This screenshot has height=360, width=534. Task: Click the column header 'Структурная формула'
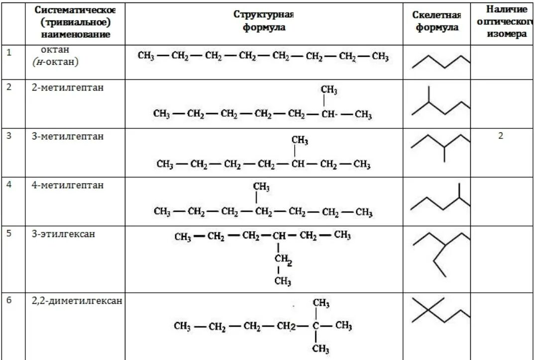(x=264, y=21)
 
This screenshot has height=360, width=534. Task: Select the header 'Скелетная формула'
(x=436, y=21)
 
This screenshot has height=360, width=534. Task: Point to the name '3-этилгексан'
(x=63, y=234)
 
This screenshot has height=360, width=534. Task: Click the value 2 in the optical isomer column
(x=501, y=135)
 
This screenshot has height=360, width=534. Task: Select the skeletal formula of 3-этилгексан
(x=441, y=254)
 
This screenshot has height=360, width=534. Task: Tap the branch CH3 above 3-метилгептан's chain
(x=300, y=141)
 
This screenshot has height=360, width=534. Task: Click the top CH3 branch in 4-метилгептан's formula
(x=261, y=187)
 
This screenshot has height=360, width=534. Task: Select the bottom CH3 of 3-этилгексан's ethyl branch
(x=283, y=281)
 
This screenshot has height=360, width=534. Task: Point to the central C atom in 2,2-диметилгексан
(x=315, y=326)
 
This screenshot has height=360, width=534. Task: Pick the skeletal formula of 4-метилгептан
(x=440, y=200)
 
